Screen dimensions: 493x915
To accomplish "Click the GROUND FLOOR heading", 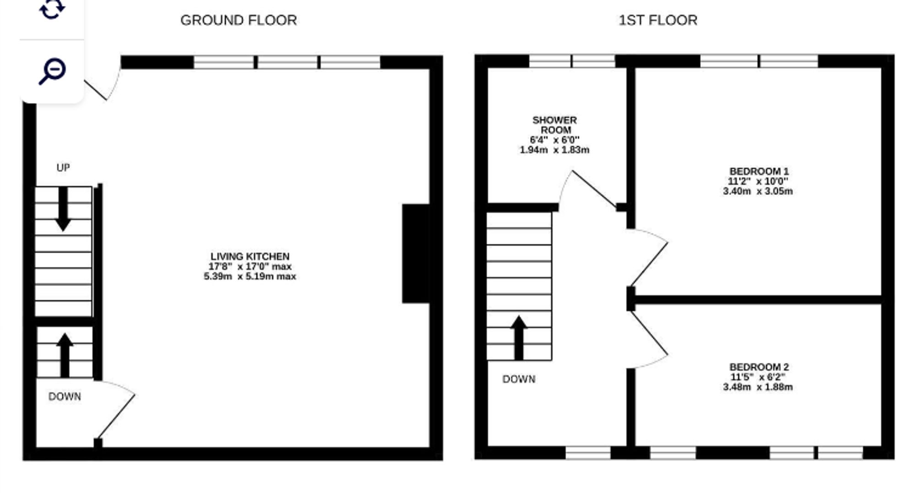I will (238, 20).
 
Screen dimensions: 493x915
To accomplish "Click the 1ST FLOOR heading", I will (658, 20).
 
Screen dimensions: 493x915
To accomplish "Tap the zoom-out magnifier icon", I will (52, 71).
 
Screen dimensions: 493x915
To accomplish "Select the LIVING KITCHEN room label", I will (250, 256).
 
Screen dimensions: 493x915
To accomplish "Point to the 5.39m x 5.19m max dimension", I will (250, 276).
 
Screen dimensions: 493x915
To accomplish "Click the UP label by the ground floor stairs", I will (63, 168).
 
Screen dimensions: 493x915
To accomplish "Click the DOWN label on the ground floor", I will (65, 396).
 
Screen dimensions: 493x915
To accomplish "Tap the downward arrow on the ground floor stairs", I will (63, 209).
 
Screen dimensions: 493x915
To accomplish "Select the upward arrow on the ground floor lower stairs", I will (65, 355).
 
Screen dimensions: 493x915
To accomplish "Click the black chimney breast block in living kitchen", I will (415, 254).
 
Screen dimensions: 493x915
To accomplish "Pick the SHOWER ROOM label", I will (554, 125).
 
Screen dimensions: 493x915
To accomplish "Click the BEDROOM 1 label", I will (758, 171).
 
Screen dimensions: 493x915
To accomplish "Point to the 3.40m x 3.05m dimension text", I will (758, 191).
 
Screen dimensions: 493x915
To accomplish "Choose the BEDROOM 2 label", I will (759, 367).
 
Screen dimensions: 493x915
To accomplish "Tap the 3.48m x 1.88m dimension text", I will (758, 387).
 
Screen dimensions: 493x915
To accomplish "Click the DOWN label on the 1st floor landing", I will (519, 379).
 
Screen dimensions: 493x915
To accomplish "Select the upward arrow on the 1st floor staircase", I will (519, 338).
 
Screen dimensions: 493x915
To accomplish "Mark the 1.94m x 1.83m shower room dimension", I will (554, 150).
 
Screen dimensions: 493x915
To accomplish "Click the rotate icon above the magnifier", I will (52, 9).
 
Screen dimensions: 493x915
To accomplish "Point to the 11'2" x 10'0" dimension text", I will (758, 181).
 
